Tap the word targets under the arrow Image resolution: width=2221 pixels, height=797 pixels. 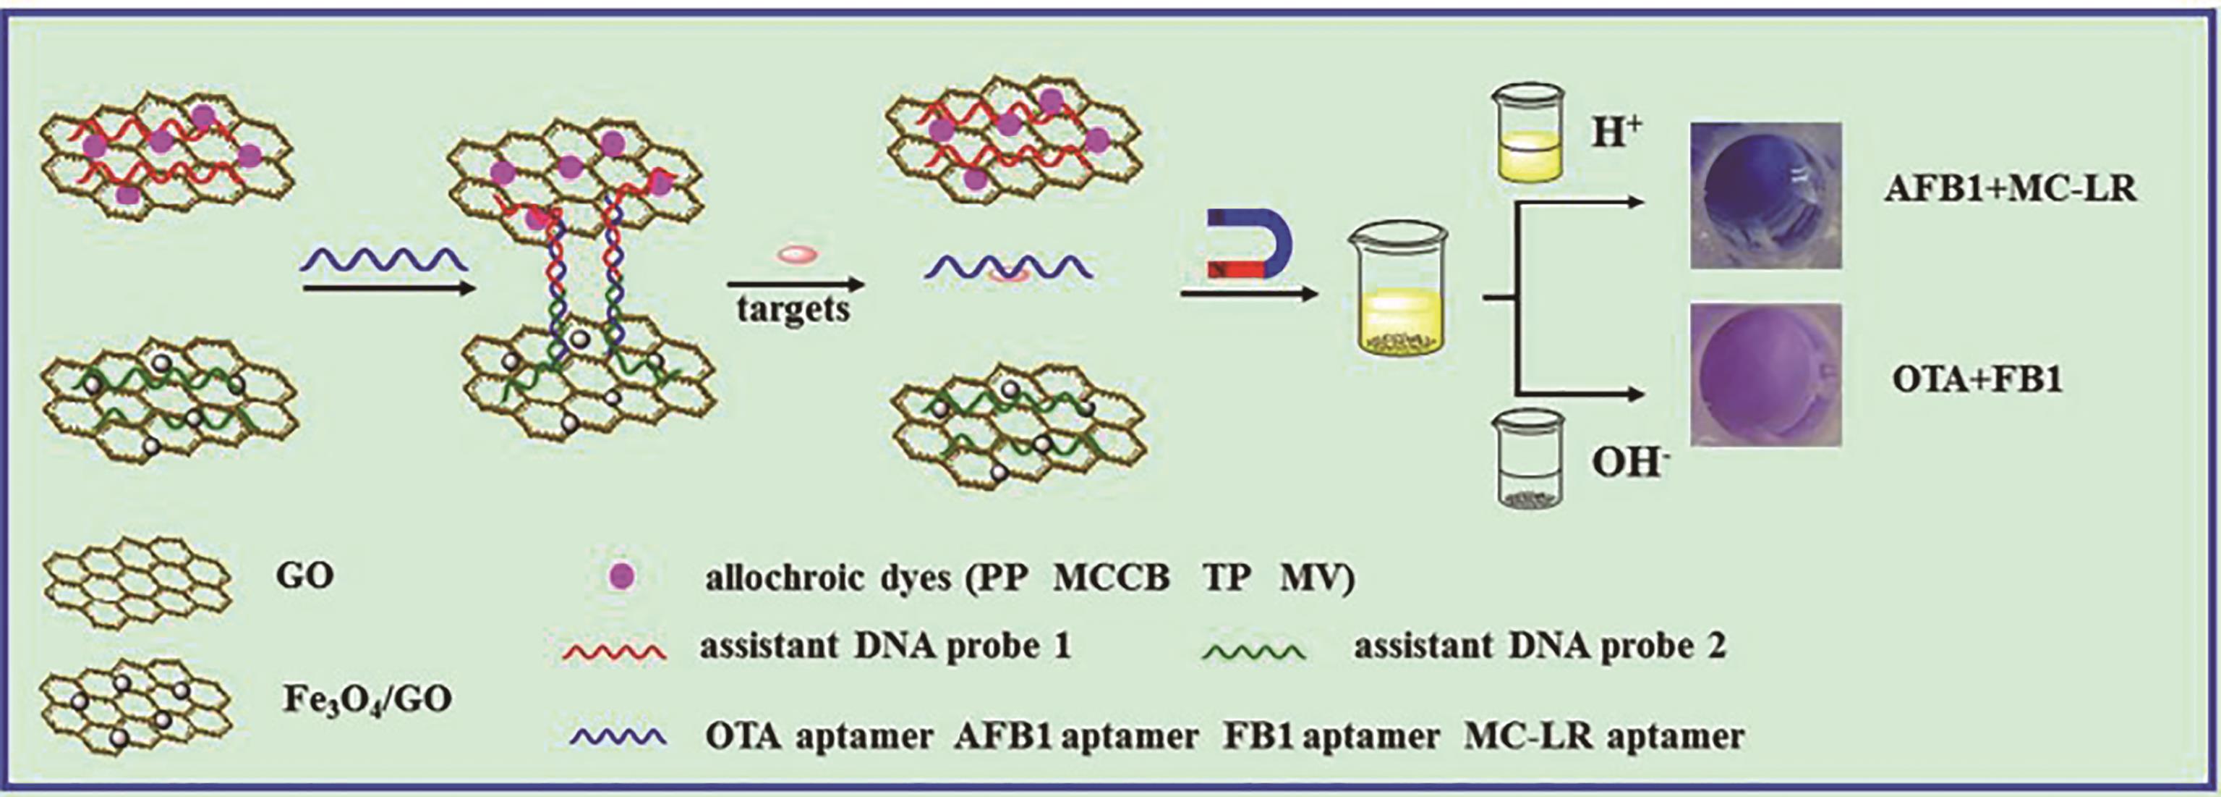793,308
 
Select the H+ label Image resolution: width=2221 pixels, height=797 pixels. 1615,135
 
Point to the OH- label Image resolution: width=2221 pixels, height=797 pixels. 1626,463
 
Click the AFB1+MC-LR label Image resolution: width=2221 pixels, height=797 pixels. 2010,189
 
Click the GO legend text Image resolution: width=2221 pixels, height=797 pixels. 305,575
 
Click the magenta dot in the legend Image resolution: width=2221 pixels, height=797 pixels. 622,575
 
